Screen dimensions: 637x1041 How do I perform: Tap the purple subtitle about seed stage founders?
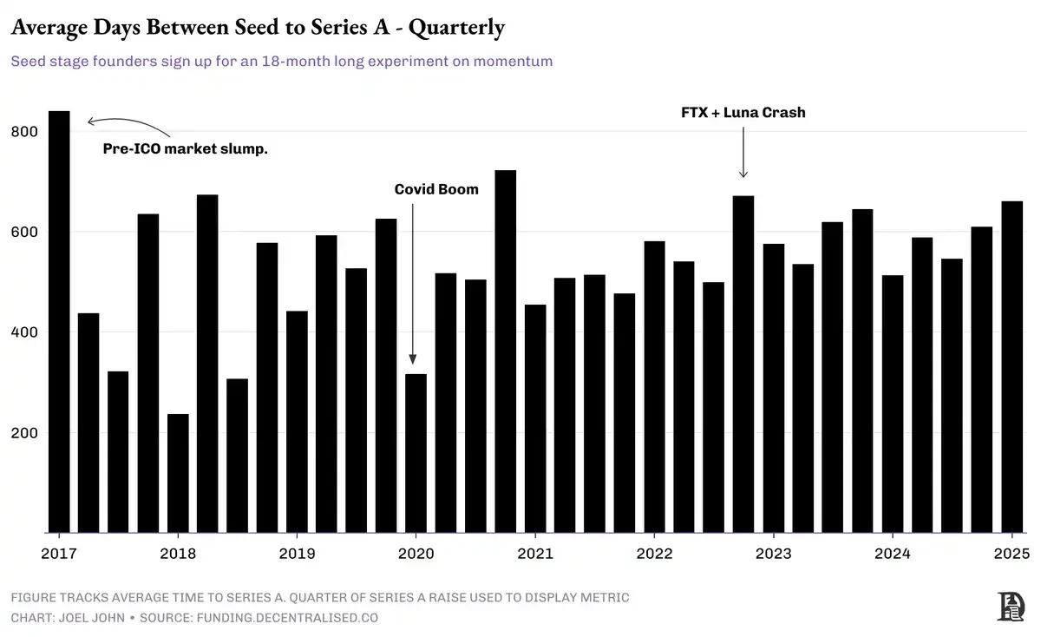(281, 62)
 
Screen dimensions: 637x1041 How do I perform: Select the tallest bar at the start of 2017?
(59, 321)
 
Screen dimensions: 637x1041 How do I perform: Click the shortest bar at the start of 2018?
(178, 473)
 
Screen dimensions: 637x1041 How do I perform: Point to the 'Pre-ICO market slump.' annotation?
(186, 149)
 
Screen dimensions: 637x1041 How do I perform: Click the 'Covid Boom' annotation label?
(436, 189)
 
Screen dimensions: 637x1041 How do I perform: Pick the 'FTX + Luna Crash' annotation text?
(743, 112)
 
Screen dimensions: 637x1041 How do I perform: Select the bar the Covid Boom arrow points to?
(416, 451)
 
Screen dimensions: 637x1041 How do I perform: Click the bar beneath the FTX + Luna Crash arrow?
(743, 364)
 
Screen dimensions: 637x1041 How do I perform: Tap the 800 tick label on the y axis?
(26, 132)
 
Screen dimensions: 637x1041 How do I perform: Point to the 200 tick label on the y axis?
(26, 433)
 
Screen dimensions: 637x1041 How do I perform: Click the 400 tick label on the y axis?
(26, 332)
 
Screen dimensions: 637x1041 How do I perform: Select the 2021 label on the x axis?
(534, 554)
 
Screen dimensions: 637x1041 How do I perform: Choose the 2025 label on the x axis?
(1011, 554)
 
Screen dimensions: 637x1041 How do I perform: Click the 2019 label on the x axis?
(297, 554)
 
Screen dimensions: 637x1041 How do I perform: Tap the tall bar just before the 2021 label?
(505, 351)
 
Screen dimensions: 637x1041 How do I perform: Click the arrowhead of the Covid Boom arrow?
(412, 359)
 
